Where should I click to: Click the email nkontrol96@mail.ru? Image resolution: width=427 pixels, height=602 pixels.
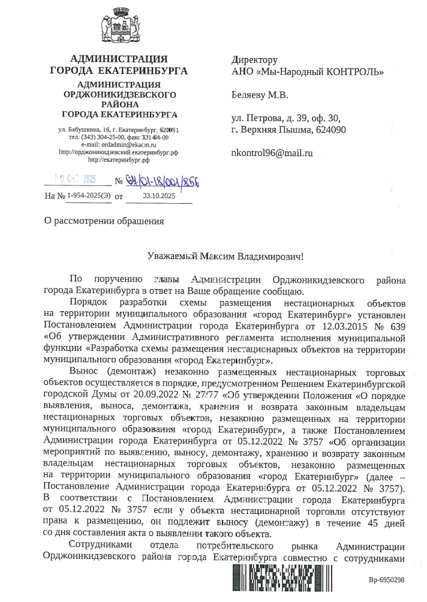coord(272,153)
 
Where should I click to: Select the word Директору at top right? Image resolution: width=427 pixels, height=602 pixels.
coord(254,60)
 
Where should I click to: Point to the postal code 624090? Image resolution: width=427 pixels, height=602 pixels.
coord(329,130)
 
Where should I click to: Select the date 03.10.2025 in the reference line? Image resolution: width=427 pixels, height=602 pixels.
coord(158,195)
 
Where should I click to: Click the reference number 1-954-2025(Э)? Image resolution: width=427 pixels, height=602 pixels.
coord(88,195)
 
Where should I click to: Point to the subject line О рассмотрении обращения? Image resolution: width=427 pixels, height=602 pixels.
coord(104,220)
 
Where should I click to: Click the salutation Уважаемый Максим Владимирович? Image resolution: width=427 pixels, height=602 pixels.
coord(226,256)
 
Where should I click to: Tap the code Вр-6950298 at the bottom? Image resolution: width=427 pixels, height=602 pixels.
coord(387,579)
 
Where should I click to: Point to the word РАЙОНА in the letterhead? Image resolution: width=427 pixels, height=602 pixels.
coord(119,104)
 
